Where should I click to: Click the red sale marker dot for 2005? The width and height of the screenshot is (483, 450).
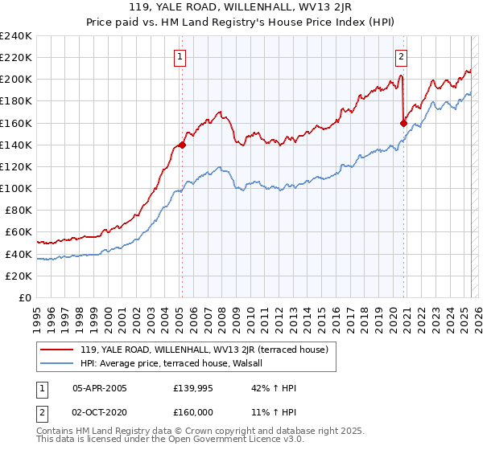182,145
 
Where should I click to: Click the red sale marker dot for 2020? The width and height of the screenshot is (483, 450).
403,123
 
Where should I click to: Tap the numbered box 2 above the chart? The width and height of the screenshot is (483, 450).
400,56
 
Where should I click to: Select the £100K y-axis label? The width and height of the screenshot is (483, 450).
16,189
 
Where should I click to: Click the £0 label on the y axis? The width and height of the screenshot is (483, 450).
26,298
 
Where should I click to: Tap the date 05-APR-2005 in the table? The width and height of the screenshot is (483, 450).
99,387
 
